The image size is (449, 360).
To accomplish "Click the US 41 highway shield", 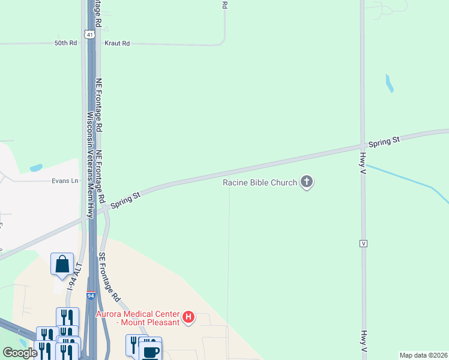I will (x=89, y=35).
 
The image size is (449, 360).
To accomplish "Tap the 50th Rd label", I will (x=65, y=43).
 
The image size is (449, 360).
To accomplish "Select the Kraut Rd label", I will (x=117, y=43).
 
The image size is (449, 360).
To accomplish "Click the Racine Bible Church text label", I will (x=260, y=182).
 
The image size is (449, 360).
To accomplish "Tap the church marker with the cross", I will (x=307, y=182).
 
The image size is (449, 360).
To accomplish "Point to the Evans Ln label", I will (x=65, y=181).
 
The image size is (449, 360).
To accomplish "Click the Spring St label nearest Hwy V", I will (x=384, y=142).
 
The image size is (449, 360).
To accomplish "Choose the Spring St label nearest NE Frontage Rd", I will (x=125, y=200).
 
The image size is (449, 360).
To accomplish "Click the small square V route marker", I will (x=363, y=243).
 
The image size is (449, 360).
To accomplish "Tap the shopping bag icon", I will (x=62, y=264).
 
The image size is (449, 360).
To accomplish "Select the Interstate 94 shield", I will (x=91, y=296).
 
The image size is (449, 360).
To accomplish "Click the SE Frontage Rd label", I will (x=110, y=277).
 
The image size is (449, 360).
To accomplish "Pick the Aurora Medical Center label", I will (x=137, y=318).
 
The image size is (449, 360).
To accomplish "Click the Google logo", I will (x=20, y=353).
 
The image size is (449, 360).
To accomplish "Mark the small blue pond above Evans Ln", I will (x=36, y=167).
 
